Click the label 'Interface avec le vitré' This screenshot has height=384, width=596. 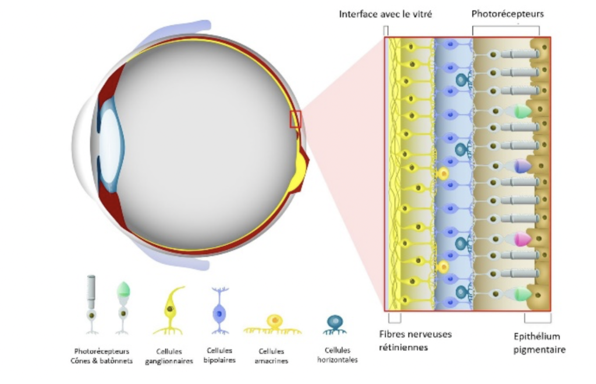coord(385,13)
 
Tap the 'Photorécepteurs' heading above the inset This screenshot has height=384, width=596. coord(508,13)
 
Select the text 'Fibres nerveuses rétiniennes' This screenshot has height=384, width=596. coord(415,340)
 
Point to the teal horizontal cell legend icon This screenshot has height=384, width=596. coord(335,323)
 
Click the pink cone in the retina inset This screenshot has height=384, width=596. coord(521,238)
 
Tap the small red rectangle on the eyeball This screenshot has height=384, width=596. coord(295,119)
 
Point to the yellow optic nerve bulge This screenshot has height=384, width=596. coord(303,169)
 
